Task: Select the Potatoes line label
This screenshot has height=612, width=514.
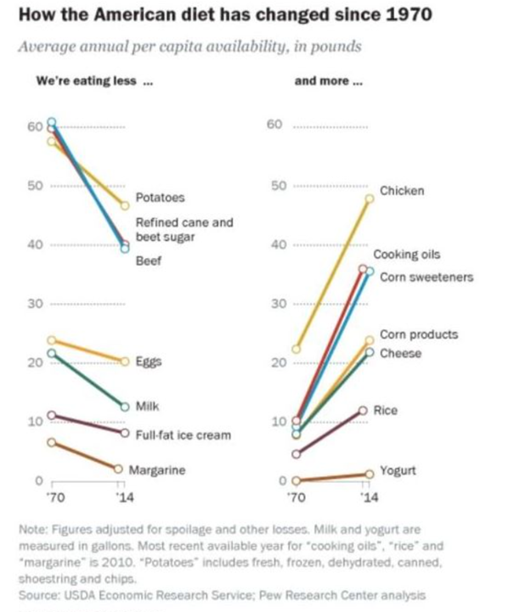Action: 161,198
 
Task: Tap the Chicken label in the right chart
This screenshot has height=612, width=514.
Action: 402,191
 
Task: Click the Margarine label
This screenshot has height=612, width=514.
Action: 157,469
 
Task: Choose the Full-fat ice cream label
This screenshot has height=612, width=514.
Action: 183,435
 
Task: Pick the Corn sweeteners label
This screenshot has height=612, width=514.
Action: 426,277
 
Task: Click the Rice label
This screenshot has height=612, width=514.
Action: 386,410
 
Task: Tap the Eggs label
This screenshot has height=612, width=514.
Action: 149,362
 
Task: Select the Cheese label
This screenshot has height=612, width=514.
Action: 400,353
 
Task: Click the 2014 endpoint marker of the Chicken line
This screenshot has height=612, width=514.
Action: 370,199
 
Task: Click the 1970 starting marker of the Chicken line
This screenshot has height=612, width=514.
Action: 296,348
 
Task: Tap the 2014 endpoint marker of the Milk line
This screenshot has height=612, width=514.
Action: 125,406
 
